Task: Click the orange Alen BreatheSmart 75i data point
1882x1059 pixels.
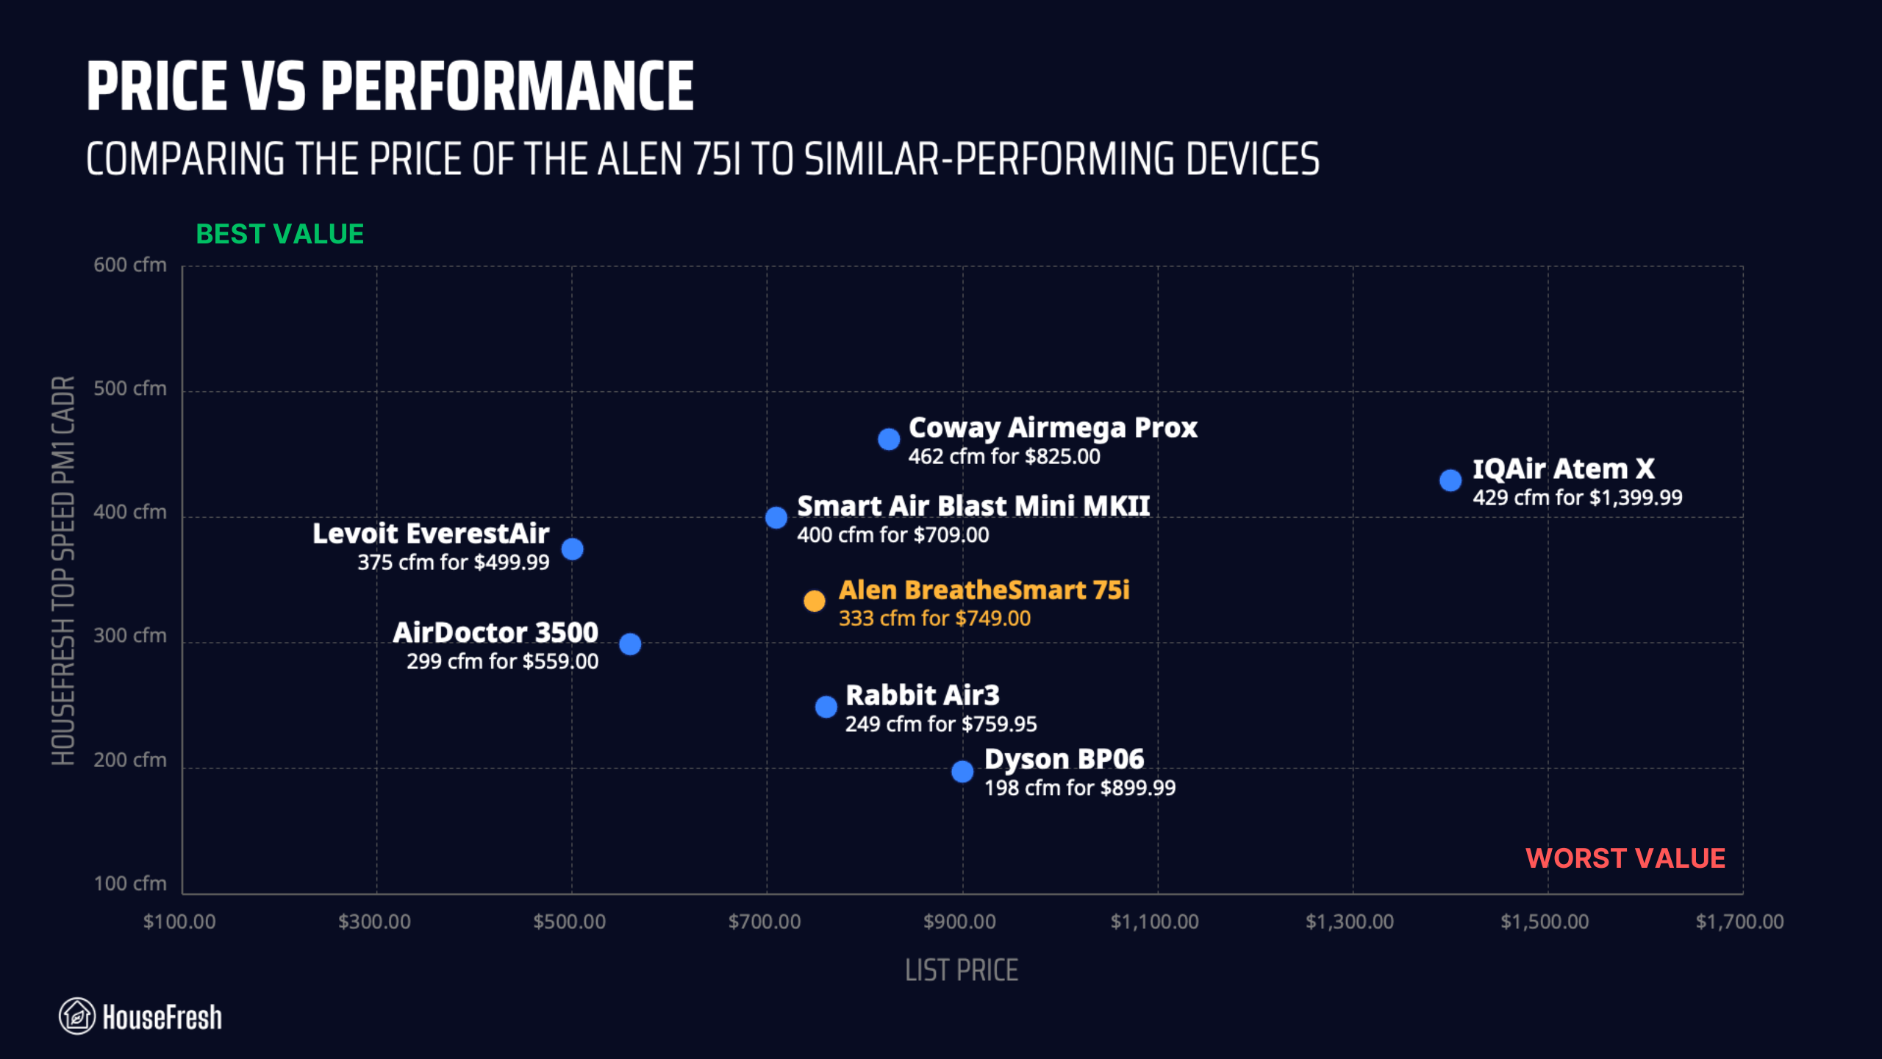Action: (x=814, y=601)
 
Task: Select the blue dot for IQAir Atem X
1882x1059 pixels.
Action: (x=1450, y=480)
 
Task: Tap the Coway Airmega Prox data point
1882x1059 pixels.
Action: (x=888, y=439)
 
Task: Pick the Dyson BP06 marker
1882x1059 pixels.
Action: (x=962, y=771)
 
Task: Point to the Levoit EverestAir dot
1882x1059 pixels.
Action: (x=572, y=549)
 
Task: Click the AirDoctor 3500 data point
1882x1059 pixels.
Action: (x=629, y=644)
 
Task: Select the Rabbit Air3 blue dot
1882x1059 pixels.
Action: (x=826, y=707)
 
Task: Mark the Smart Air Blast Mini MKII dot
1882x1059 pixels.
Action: (x=776, y=518)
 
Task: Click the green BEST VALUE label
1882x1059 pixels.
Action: (x=279, y=234)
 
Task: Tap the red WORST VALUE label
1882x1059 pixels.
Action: (x=1625, y=858)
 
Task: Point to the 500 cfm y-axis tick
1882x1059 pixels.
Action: (x=130, y=388)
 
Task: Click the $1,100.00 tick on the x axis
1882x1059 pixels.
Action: (x=1154, y=921)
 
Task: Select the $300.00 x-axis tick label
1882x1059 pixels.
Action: (x=374, y=921)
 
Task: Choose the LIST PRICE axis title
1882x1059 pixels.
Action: (x=961, y=970)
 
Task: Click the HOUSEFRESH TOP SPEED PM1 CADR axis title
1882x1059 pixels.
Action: (x=64, y=570)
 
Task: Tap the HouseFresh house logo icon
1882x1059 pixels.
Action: (x=77, y=1016)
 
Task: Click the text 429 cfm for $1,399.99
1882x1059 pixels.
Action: (x=1577, y=498)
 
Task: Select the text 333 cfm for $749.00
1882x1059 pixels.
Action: (x=934, y=618)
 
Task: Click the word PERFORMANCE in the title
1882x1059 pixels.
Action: (x=507, y=87)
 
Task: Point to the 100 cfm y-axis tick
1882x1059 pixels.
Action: (x=130, y=883)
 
